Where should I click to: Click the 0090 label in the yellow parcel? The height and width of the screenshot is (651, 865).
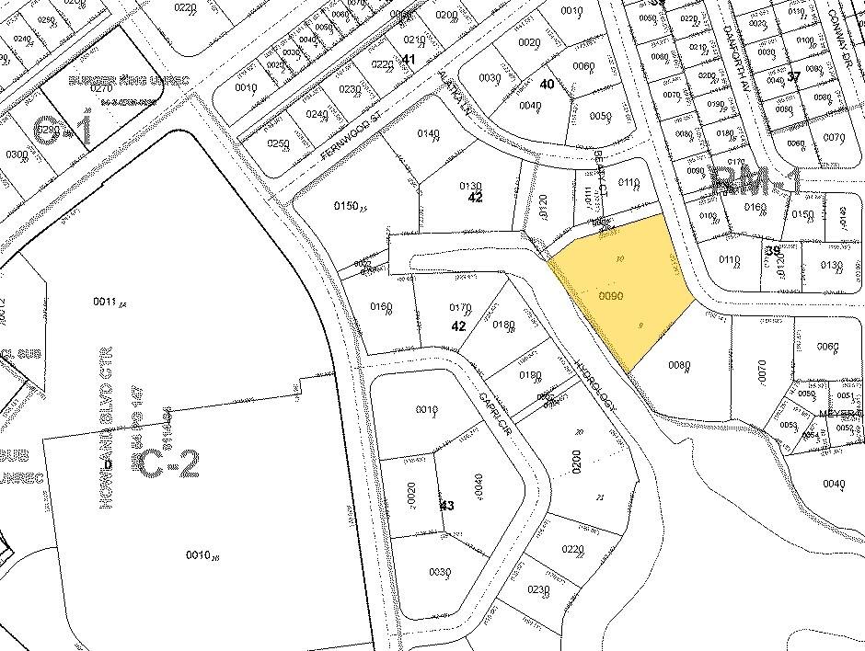click(x=612, y=296)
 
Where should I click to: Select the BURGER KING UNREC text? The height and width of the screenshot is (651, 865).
click(x=130, y=81)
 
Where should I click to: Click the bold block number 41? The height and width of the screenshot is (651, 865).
click(x=409, y=59)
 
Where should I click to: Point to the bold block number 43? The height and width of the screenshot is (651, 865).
click(x=447, y=506)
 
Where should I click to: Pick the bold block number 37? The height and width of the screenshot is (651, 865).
click(x=793, y=76)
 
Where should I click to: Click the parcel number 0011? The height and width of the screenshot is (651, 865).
click(x=108, y=301)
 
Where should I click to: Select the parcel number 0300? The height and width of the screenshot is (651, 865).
click(x=17, y=154)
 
